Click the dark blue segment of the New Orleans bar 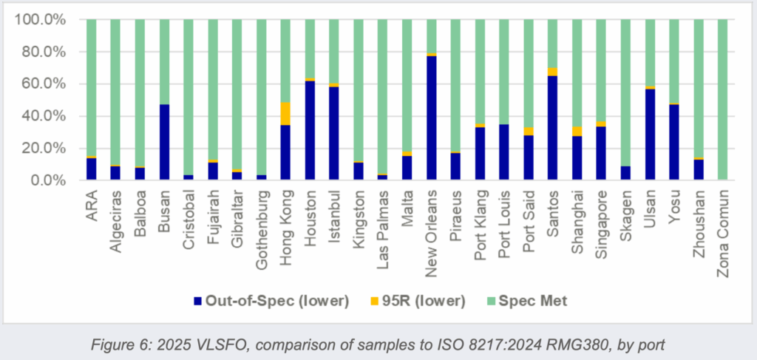tap(432, 118)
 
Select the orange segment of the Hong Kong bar tap(285, 114)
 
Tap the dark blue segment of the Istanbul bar tap(334, 134)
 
